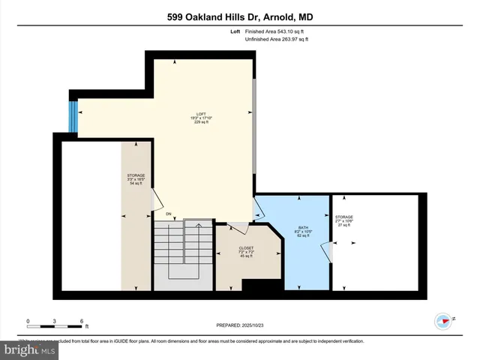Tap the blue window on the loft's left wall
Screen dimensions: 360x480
tap(73, 115)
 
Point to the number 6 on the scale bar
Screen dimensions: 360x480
tap(81, 320)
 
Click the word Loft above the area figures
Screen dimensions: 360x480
tap(235, 31)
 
